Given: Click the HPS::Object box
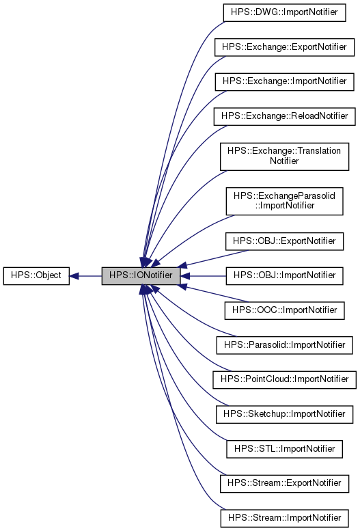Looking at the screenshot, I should point(36,276).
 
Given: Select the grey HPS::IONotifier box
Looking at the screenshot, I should point(141,276).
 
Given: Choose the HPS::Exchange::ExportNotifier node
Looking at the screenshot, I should point(284,47).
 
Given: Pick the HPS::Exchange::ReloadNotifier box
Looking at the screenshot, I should point(284,115).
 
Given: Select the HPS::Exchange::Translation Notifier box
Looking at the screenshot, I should point(284,156).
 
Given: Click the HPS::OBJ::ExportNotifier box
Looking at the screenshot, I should point(284,241).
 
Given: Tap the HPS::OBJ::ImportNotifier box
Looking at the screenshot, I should point(284,275).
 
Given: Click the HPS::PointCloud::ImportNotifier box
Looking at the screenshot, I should point(284,379).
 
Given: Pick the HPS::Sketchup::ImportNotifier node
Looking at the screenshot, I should point(284,413).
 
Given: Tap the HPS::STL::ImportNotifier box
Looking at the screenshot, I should point(284,448).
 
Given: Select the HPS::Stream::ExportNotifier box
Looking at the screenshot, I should point(284,483).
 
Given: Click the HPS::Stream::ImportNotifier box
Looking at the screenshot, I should point(284,517).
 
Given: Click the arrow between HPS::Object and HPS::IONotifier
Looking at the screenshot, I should point(87,276).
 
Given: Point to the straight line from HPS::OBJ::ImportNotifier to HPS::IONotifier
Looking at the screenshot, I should point(205,276).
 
